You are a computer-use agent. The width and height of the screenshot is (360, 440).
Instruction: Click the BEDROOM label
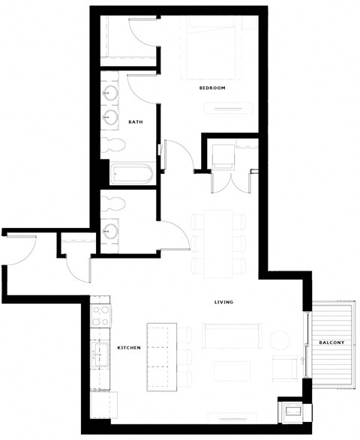(x=212, y=88)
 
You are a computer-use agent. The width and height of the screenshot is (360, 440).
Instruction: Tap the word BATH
(x=136, y=121)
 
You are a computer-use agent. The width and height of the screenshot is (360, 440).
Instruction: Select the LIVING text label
(x=223, y=302)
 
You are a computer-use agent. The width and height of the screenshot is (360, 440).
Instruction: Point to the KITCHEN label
(x=130, y=348)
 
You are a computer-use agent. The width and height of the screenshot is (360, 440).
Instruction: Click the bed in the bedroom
(x=214, y=49)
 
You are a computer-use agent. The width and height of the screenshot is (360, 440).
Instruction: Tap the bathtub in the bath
(x=131, y=175)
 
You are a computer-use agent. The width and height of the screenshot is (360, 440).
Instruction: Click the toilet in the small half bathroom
(x=112, y=202)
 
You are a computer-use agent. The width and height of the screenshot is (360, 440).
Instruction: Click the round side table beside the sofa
(x=279, y=340)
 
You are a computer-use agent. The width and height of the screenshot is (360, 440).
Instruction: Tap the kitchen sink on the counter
(x=99, y=353)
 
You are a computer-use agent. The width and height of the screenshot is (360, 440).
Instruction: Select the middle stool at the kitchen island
(x=185, y=355)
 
